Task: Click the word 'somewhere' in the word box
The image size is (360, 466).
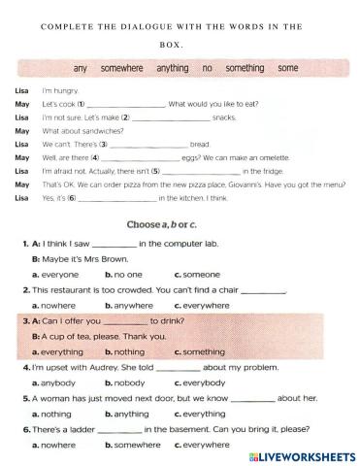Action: pyautogui.click(x=120, y=69)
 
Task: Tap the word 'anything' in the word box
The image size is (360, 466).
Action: pyautogui.click(x=173, y=69)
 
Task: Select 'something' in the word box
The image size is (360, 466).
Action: pyautogui.click(x=245, y=69)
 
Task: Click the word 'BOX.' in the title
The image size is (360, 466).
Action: pyautogui.click(x=180, y=44)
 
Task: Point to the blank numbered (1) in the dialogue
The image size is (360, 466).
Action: pyautogui.click(x=126, y=103)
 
